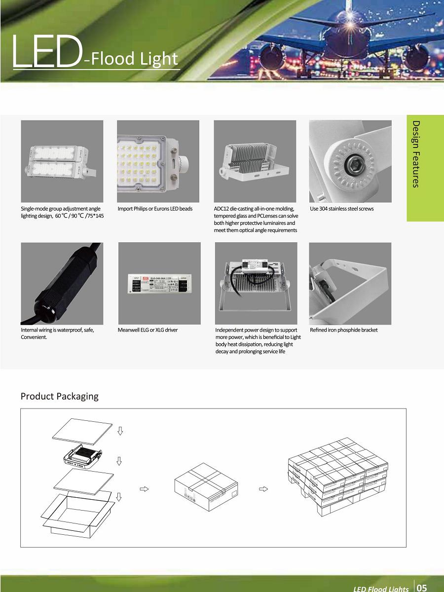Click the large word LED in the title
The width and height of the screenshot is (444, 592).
[x=45, y=51]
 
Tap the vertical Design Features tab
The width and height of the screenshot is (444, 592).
[x=416, y=154]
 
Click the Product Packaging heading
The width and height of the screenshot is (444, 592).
[x=59, y=396]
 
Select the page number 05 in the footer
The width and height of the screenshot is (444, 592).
[x=422, y=588]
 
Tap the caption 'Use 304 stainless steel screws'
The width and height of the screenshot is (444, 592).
[x=341, y=209]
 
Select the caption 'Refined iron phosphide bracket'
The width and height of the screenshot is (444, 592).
[x=343, y=330]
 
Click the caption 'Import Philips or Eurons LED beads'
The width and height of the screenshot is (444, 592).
[x=155, y=209]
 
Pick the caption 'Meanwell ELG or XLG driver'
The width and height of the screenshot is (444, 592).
[x=148, y=330]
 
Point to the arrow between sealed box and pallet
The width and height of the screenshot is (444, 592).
[x=264, y=489]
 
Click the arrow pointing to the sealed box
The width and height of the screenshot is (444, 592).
[x=145, y=489]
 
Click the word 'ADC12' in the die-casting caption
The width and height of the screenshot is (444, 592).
[x=222, y=209]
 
